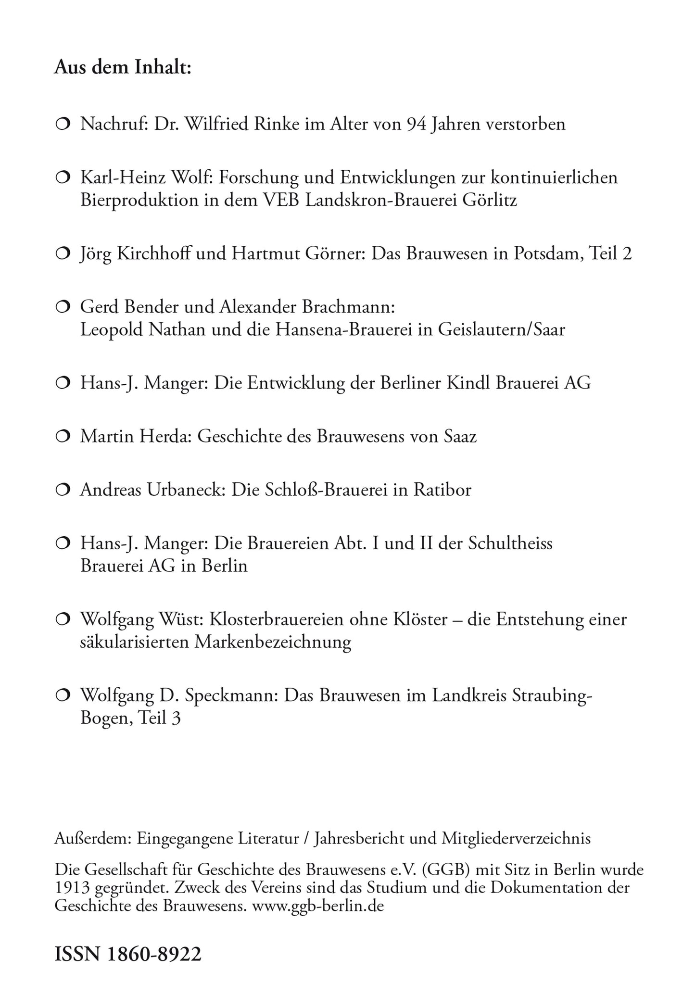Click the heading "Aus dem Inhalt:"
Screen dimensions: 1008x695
[x=123, y=67]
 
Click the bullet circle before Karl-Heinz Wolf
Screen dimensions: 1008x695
[x=63, y=178]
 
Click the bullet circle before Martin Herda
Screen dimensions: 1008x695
[x=63, y=437]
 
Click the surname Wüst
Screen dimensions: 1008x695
[x=183, y=619]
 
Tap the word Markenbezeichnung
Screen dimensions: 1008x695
[x=273, y=643]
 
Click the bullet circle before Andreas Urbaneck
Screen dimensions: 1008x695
[x=63, y=491]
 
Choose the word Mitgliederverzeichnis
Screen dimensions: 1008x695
[x=515, y=838]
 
